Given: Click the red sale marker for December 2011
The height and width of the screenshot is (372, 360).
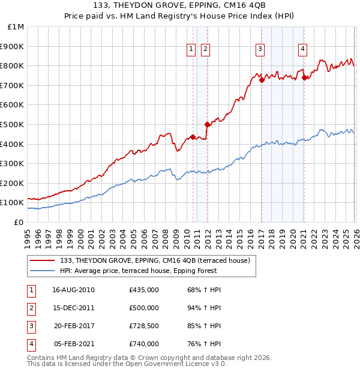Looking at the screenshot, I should point(207,125).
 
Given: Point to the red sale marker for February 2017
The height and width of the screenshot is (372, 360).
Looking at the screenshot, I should point(262,80).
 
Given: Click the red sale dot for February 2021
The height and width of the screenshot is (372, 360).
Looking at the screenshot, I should point(304,77).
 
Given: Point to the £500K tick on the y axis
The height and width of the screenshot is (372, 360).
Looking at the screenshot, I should point(12,124).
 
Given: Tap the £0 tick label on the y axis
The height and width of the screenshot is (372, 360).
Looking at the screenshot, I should point(19,222).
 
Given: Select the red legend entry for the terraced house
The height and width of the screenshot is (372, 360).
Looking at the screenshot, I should point(158,260).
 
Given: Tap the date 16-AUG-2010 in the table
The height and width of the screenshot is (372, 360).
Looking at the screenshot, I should point(73,290).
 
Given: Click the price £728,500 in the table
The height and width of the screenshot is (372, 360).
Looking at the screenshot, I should point(143,327).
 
